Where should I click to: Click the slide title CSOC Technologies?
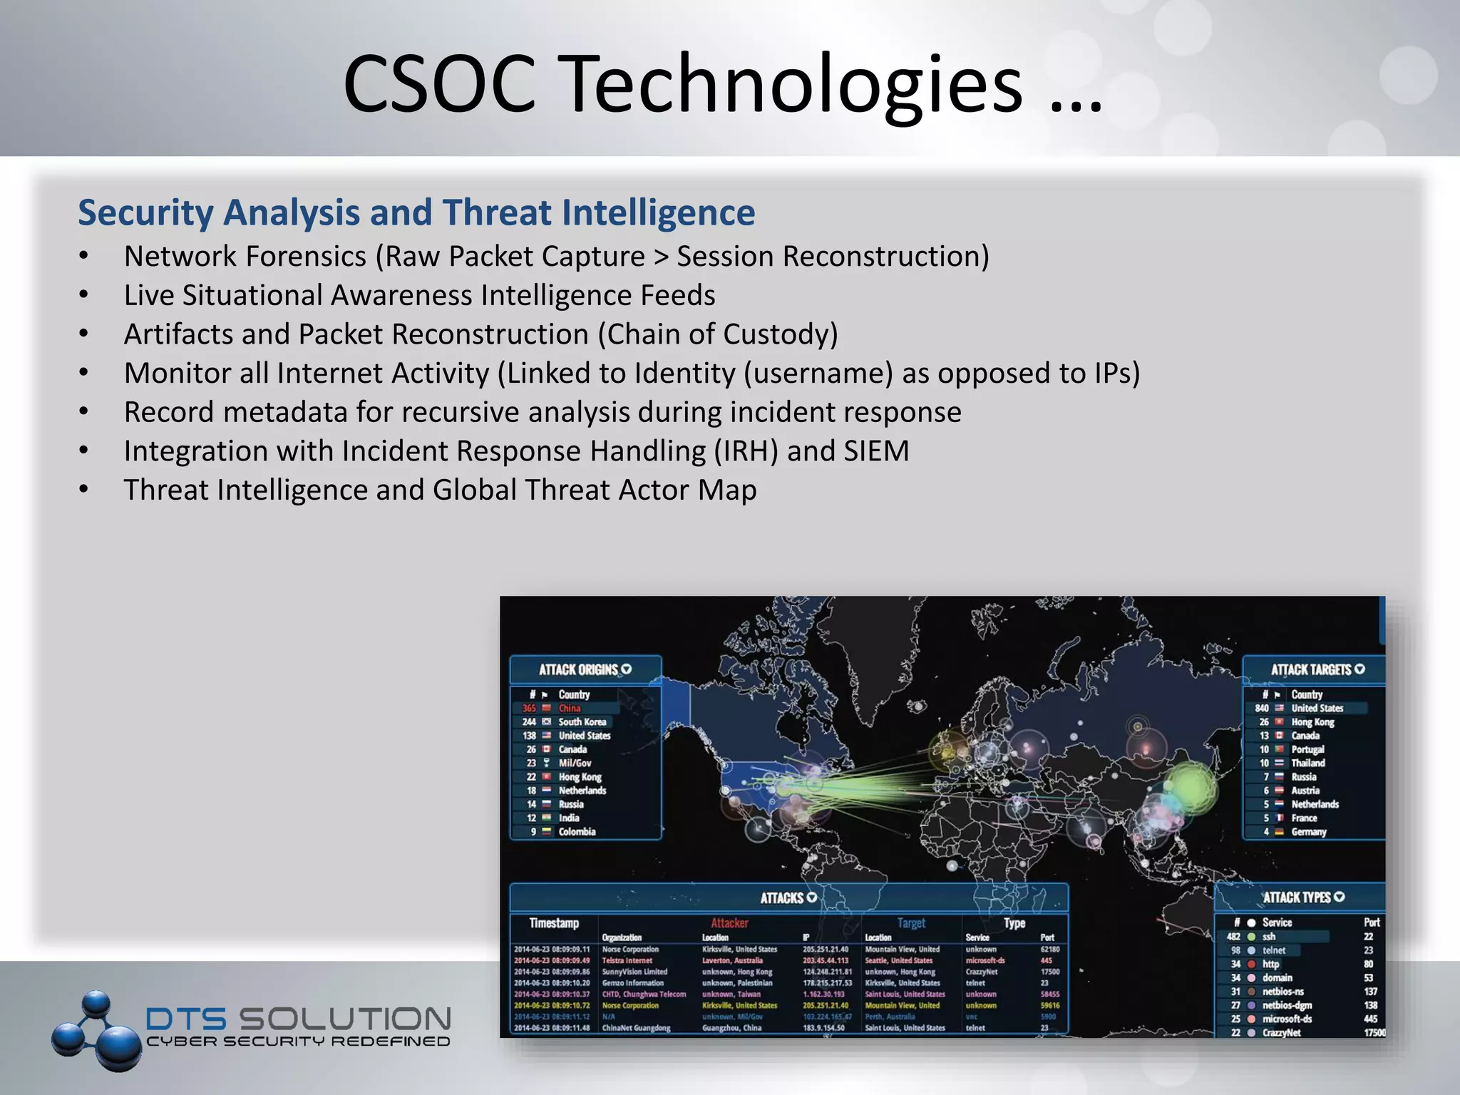pyautogui.click(x=721, y=84)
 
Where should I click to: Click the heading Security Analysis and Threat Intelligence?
pyautogui.click(x=416, y=212)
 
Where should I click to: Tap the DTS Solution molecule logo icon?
pyautogui.click(x=97, y=1029)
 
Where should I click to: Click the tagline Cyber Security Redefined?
pyautogui.click(x=298, y=1042)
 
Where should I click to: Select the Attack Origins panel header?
pyautogui.click(x=585, y=669)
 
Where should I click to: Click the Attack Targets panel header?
pyautogui.click(x=1317, y=669)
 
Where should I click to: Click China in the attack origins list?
pyautogui.click(x=569, y=708)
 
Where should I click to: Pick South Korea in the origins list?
pyautogui.click(x=582, y=721)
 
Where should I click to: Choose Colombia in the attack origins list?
pyautogui.click(x=577, y=831)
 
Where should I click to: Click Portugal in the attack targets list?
pyautogui.click(x=1307, y=749)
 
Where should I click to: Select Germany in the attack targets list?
pyautogui.click(x=1308, y=831)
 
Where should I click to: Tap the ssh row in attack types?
pyautogui.click(x=1269, y=936)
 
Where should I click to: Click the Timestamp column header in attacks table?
pyautogui.click(x=554, y=922)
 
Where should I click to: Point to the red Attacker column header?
pyautogui.click(x=729, y=922)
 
